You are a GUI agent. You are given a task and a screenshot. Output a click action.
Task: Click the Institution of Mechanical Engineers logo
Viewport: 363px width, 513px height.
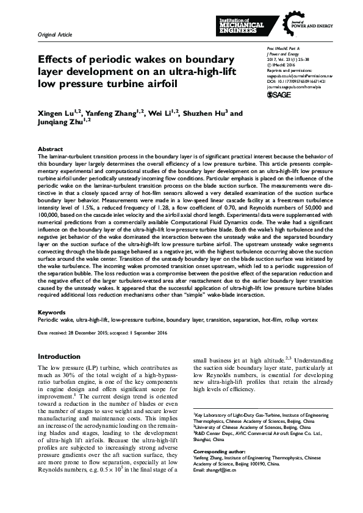pos(241,25)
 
